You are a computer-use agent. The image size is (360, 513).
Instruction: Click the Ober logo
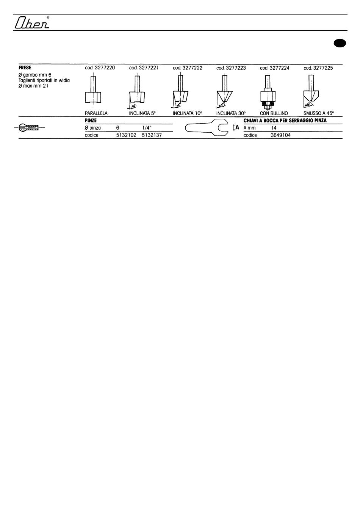[32, 22]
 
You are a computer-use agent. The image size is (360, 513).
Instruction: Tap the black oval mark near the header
[340, 43]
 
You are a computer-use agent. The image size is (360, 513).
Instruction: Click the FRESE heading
[25, 68]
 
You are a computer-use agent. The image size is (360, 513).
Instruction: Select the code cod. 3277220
[100, 68]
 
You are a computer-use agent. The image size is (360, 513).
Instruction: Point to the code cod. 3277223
[231, 68]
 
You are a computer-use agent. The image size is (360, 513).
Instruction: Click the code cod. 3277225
[318, 68]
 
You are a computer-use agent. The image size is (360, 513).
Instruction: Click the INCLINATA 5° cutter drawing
[136, 91]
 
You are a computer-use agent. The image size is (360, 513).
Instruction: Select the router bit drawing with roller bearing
[268, 92]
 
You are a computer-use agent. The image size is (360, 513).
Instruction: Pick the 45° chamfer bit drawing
[311, 91]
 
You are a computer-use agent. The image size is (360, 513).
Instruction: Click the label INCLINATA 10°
[188, 113]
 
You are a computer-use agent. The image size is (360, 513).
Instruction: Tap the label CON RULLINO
[274, 113]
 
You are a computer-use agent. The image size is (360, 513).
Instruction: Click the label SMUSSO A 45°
[319, 113]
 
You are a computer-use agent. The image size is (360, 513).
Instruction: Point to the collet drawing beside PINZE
[29, 127]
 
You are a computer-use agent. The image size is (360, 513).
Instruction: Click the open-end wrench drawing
[207, 127]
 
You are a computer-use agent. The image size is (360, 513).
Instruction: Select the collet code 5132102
[126, 135]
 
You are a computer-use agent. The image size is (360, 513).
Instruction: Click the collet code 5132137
[152, 135]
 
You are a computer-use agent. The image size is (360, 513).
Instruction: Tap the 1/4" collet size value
[147, 128]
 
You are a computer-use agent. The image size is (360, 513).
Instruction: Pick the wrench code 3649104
[280, 135]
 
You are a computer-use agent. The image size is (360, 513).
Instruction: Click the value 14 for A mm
[274, 128]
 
